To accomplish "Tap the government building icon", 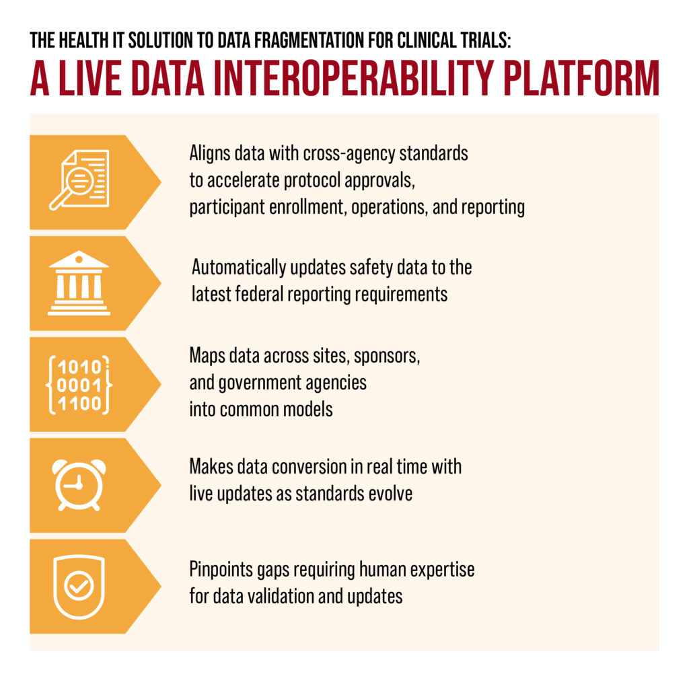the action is [x=79, y=283].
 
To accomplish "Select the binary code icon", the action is [x=79, y=385].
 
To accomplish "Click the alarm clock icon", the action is [x=79, y=485].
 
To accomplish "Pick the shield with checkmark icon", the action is [x=79, y=587].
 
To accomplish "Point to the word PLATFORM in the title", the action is [x=581, y=79].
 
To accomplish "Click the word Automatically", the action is [x=239, y=268].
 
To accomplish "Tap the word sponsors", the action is [x=387, y=356].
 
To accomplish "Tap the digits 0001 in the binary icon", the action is [x=79, y=385].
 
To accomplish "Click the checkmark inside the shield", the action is [x=79, y=585].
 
